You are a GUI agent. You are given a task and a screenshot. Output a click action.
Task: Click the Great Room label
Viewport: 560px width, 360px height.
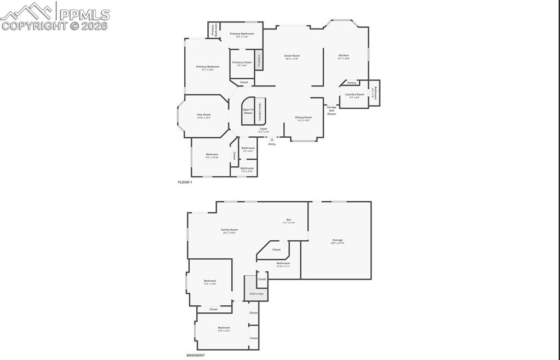point(292,56)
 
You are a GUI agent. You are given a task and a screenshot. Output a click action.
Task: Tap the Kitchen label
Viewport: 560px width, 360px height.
point(343,56)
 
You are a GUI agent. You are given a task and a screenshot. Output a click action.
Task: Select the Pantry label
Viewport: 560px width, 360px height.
point(352,83)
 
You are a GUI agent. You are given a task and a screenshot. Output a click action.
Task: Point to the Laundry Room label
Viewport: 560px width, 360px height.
point(354,95)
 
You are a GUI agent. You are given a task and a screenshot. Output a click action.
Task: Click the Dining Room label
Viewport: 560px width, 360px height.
point(304,118)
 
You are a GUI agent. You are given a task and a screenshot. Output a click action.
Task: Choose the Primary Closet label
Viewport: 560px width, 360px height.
point(242,63)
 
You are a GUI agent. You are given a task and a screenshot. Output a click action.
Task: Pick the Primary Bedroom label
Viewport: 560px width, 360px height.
point(207,67)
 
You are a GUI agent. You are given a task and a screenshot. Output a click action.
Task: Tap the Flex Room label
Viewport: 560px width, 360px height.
point(203,115)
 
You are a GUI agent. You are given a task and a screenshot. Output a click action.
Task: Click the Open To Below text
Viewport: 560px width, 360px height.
point(248,111)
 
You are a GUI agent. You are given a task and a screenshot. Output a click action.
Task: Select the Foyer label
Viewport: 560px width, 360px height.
point(263,129)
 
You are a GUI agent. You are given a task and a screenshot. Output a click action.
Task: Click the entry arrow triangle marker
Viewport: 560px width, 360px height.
point(272,140)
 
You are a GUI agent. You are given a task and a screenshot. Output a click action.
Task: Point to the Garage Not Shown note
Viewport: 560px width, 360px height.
point(331,111)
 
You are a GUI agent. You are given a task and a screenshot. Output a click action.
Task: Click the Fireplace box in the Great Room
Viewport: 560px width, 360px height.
point(259,60)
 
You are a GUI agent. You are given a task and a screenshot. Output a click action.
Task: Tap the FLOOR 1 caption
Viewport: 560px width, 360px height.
point(185,182)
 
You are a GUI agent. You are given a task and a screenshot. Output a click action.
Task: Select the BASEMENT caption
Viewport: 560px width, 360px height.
point(195,355)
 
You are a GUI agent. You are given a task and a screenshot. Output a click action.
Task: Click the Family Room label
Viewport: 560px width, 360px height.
point(229,230)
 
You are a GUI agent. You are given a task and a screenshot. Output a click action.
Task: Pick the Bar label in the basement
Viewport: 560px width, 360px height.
point(289,220)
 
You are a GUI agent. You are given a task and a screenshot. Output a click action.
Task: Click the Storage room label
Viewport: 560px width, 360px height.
point(337,240)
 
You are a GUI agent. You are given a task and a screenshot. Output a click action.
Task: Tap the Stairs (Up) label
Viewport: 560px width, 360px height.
point(256,294)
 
